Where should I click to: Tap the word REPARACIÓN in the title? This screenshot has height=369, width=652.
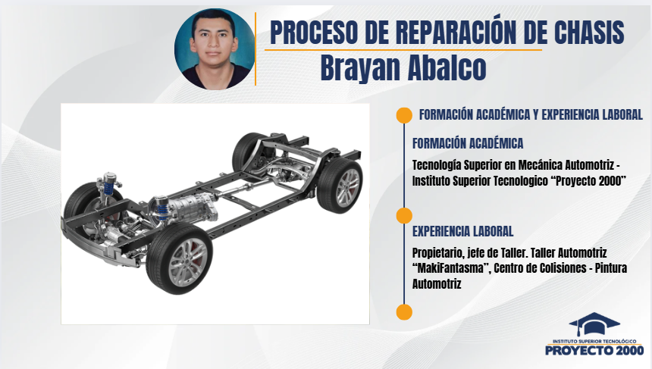(455, 32)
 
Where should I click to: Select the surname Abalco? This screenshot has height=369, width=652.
(447, 67)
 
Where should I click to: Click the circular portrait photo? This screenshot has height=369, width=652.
(215, 49)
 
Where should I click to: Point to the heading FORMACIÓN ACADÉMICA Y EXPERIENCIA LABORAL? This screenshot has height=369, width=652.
(531, 114)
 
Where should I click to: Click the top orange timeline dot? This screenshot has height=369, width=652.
(404, 115)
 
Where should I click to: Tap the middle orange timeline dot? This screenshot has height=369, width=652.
(404, 216)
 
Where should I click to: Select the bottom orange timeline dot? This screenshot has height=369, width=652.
(404, 312)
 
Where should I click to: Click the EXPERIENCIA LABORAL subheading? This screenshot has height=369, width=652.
(462, 231)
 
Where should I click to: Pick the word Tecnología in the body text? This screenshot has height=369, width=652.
(436, 165)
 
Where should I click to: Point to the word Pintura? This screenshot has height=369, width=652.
(611, 268)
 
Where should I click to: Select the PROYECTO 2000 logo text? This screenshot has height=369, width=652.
(594, 350)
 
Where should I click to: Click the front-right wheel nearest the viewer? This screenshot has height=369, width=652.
(179, 258)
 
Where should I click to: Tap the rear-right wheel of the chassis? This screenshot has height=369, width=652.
(340, 186)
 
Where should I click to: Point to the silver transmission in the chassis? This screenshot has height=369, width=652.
(192, 208)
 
